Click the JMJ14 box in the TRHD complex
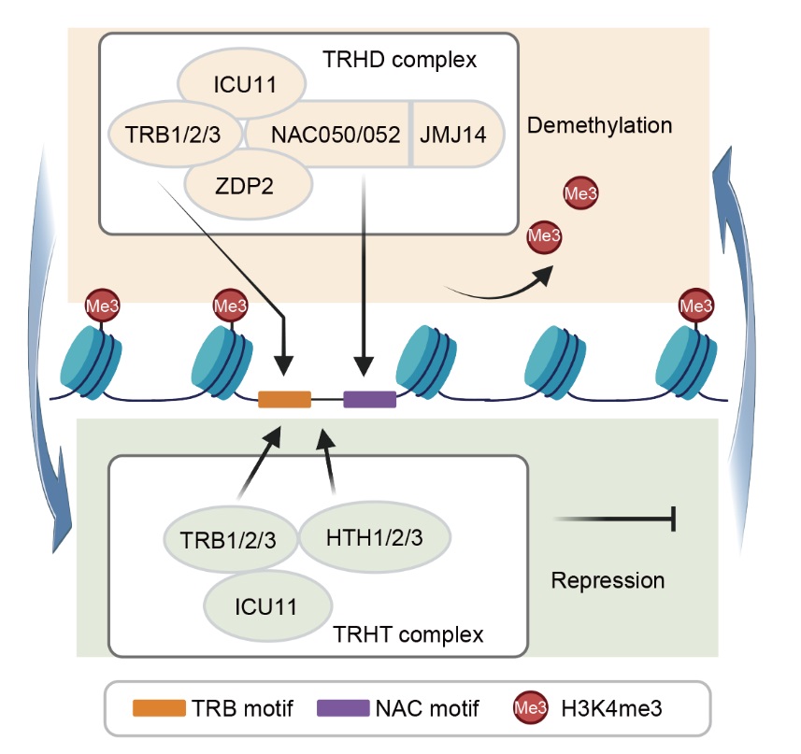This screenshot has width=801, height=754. tap(453, 134)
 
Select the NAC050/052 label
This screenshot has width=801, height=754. tap(323, 134)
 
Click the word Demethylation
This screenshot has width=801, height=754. tap(600, 125)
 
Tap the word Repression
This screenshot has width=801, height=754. tap(608, 580)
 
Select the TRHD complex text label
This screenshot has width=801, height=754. tap(399, 61)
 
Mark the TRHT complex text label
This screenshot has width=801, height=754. tap(408, 635)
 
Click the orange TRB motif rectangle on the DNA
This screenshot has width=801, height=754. tap(284, 399)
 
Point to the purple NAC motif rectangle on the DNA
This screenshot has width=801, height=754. tap(370, 399)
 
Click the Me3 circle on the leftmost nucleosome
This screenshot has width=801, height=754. tap(102, 305)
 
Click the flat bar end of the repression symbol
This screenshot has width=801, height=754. tap(673, 519)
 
